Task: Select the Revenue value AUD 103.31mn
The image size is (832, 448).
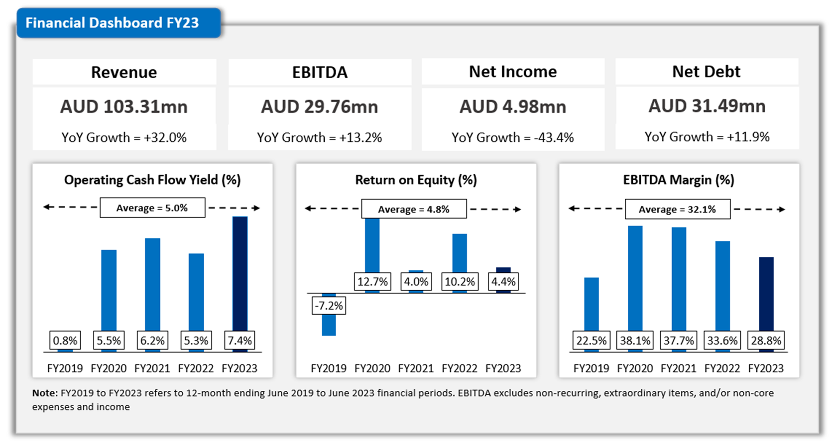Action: point(124,107)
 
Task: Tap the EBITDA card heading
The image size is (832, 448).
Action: point(320,72)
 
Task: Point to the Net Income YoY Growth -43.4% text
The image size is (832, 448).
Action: point(512,137)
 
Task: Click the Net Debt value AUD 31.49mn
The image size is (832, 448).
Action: point(707,106)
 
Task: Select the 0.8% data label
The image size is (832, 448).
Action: point(65,340)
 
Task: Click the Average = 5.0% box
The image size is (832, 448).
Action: point(152,208)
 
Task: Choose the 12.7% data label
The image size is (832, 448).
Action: point(372,282)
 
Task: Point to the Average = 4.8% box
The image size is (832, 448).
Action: point(414,209)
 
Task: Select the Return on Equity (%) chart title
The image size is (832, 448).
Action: point(416,180)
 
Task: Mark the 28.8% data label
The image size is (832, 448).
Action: point(766,340)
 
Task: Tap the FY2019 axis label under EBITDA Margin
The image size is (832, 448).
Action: point(591,368)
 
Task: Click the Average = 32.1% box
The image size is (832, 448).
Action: point(677,209)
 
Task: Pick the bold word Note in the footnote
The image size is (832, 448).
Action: point(44,393)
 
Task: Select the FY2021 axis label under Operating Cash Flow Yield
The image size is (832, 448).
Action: point(152,368)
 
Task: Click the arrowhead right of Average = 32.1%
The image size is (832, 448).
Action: point(782,210)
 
